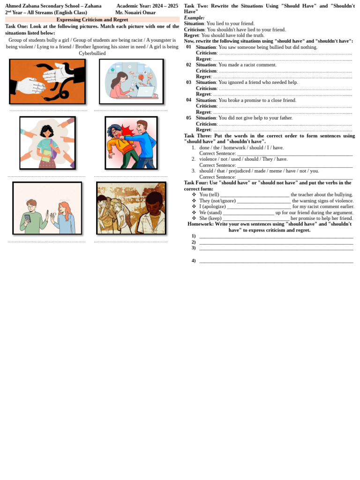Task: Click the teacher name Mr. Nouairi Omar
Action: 135,13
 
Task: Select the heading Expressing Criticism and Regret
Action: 92,20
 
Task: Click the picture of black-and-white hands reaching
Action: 47,82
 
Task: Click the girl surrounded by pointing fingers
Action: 47,142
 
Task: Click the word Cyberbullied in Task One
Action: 92,53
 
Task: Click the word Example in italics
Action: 194,18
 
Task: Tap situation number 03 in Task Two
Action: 188,82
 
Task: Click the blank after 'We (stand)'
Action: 248,213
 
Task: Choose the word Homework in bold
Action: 201,224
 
